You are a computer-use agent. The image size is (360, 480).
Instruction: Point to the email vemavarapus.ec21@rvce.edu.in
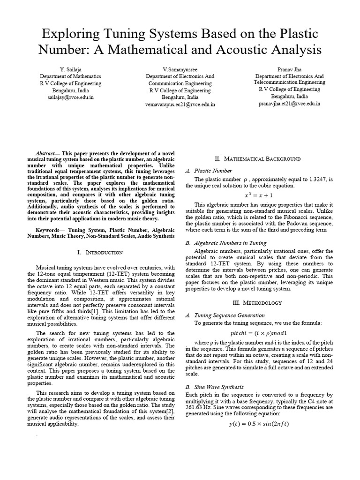(x=180, y=105)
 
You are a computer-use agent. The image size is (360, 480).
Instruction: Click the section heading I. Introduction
(x=99, y=252)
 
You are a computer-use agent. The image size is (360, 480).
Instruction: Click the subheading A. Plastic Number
(x=209, y=171)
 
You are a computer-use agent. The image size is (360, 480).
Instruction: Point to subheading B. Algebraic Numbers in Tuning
(x=226, y=243)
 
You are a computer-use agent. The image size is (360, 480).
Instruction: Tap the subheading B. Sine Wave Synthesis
(x=215, y=387)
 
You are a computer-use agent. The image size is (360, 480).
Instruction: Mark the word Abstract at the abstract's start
(x=46, y=154)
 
